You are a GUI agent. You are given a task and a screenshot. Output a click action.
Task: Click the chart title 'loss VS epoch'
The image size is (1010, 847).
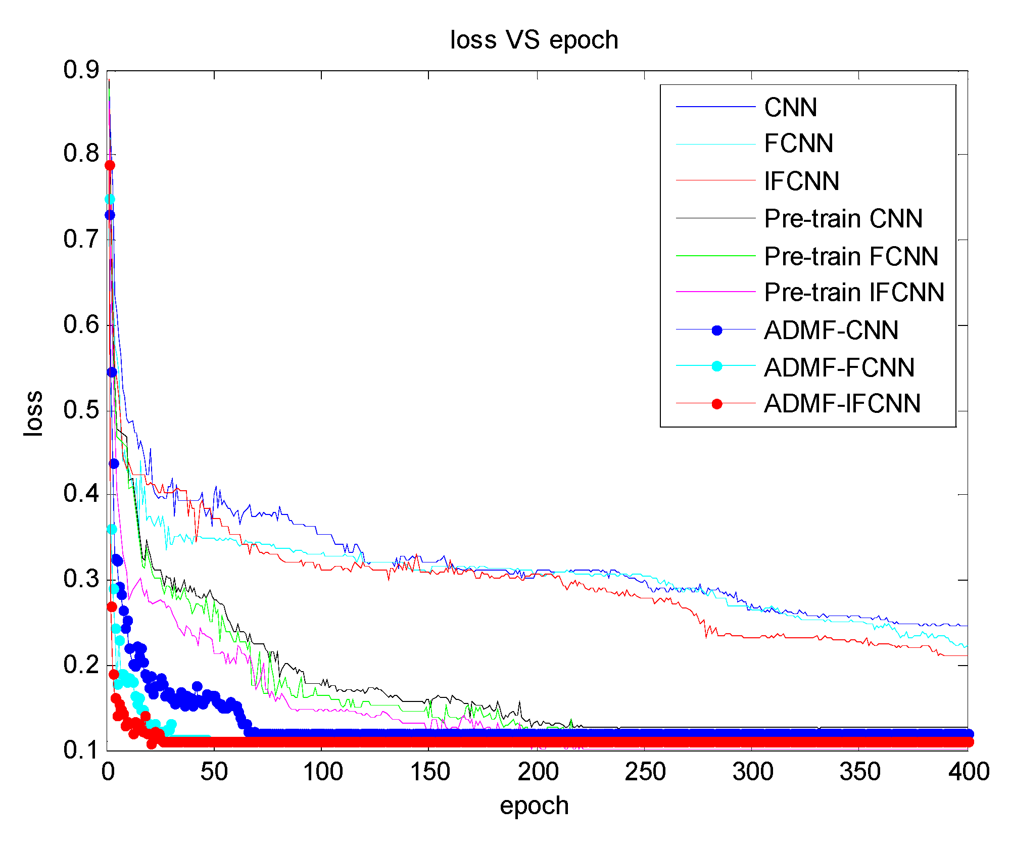tap(534, 40)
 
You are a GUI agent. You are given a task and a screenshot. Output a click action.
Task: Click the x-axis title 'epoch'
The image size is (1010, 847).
tap(534, 806)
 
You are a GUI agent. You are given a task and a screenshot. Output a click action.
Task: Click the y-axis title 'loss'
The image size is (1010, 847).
tap(33, 413)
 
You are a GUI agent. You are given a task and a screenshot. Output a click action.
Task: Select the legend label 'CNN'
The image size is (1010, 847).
tap(790, 108)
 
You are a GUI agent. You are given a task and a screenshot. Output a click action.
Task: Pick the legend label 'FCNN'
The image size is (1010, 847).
tap(798, 144)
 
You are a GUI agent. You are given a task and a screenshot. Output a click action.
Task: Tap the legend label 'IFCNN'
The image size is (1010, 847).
tap(801, 181)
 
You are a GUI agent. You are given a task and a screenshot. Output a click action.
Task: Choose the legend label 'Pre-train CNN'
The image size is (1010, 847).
tap(843, 219)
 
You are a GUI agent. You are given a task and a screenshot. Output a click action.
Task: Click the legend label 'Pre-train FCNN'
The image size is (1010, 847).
tap(851, 256)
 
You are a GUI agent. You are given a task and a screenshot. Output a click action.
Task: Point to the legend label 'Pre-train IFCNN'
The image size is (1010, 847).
tap(854, 293)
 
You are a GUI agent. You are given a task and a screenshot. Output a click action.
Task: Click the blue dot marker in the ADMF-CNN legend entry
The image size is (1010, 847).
tap(716, 331)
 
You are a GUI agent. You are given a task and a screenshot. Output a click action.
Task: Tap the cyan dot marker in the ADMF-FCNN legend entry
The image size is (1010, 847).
tap(716, 366)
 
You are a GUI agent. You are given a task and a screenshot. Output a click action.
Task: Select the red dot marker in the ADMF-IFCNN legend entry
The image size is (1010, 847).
tap(716, 404)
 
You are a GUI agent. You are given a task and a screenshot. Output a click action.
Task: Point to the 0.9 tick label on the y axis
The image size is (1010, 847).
tap(81, 70)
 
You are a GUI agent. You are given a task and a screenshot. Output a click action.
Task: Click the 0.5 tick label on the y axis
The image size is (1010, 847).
tap(81, 410)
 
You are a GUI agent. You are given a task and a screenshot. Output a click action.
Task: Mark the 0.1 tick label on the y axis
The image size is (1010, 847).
tap(81, 750)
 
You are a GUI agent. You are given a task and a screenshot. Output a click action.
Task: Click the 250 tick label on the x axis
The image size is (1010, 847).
tap(645, 772)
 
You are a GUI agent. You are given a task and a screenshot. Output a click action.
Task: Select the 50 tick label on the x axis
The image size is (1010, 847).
tap(214, 772)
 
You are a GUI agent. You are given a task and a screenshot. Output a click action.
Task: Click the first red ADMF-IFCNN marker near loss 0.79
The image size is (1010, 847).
tap(110, 165)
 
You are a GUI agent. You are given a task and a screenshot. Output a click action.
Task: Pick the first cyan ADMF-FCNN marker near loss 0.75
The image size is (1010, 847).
tap(110, 199)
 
